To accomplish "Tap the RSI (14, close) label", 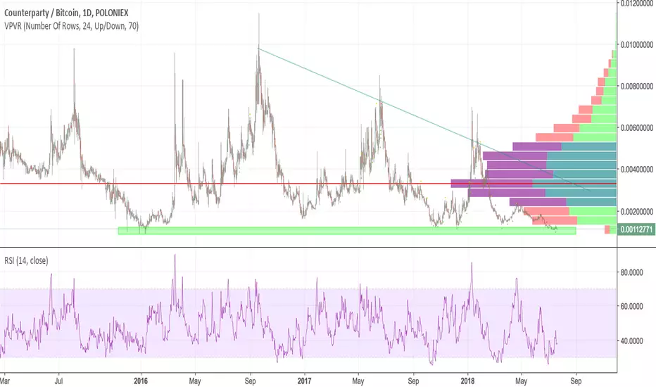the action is (x=26, y=260).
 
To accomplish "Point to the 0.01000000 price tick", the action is (x=637, y=45).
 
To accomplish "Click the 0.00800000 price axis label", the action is (x=637, y=87).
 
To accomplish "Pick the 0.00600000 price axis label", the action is (x=637, y=128).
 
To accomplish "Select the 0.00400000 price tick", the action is (x=637, y=170).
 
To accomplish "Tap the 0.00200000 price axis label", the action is (x=637, y=211).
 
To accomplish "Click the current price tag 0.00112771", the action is (x=636, y=229).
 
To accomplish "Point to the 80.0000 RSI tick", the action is (x=631, y=272).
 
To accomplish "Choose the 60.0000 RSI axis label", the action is (x=631, y=306).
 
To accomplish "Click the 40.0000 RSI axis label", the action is (x=631, y=341).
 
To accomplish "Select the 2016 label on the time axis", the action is (x=141, y=381).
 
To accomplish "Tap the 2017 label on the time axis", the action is (x=304, y=381).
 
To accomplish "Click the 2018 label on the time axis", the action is (x=467, y=381).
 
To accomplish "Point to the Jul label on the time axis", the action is (x=59, y=381).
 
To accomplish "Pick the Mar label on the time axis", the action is (x=5, y=381).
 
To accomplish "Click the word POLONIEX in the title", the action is (x=112, y=13).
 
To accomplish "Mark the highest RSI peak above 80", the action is (x=175, y=255).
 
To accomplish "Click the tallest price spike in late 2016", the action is (x=258, y=14).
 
